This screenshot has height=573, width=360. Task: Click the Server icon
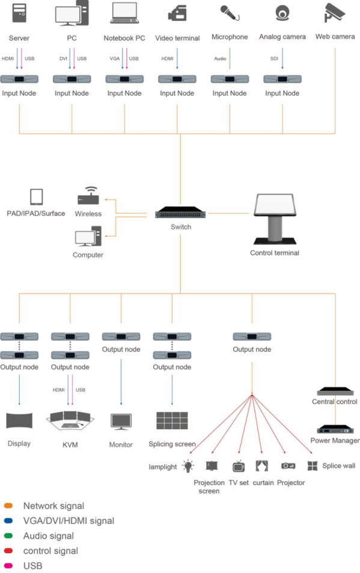[x=19, y=13]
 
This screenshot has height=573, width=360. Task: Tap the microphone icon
[x=230, y=13]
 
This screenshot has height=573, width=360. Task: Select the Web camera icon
[x=334, y=13]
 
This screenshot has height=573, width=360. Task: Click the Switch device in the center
[x=180, y=213]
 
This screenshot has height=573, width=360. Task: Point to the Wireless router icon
[x=88, y=196]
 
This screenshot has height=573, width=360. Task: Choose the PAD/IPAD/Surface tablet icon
[x=36, y=197]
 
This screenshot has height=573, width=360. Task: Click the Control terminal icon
[x=275, y=219]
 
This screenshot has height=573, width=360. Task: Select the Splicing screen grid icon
[x=172, y=421]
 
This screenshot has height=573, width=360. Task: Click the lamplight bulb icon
[x=188, y=466]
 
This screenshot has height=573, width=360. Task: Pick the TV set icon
[x=239, y=467]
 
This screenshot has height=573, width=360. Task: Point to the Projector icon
[x=288, y=466]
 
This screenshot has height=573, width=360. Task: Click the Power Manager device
[x=335, y=429]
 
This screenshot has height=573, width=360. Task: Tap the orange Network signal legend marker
[x=8, y=506]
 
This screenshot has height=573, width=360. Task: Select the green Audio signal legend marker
[x=8, y=536]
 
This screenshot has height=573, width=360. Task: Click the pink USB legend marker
[x=8, y=566]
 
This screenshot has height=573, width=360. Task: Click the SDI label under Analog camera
[x=274, y=58]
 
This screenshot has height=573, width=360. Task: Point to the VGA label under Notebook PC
[x=115, y=58]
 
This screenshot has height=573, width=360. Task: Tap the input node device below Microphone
[x=230, y=79]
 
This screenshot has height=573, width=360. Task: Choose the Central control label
[x=334, y=402]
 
